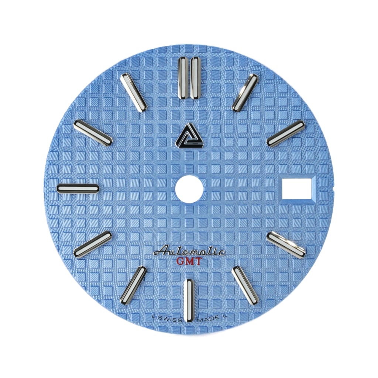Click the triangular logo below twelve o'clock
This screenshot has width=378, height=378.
pos(189,135)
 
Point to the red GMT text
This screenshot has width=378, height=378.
pos(189,262)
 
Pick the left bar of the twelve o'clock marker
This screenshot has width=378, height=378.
pos(183,78)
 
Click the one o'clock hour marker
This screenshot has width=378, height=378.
pos(245,93)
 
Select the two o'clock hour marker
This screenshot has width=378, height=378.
pos(286,133)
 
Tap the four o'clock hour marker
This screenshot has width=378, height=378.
pos(286,245)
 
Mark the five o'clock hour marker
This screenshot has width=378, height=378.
pos(245,285)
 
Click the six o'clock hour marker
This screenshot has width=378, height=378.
pos(189,300)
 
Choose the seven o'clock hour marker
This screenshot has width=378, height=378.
pos(133,285)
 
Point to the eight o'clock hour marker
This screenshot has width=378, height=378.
pos(93,244)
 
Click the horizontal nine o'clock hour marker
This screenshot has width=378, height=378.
pos(78,188)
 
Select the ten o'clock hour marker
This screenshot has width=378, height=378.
pos(93,133)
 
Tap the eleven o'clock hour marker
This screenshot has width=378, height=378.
pos(134,92)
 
